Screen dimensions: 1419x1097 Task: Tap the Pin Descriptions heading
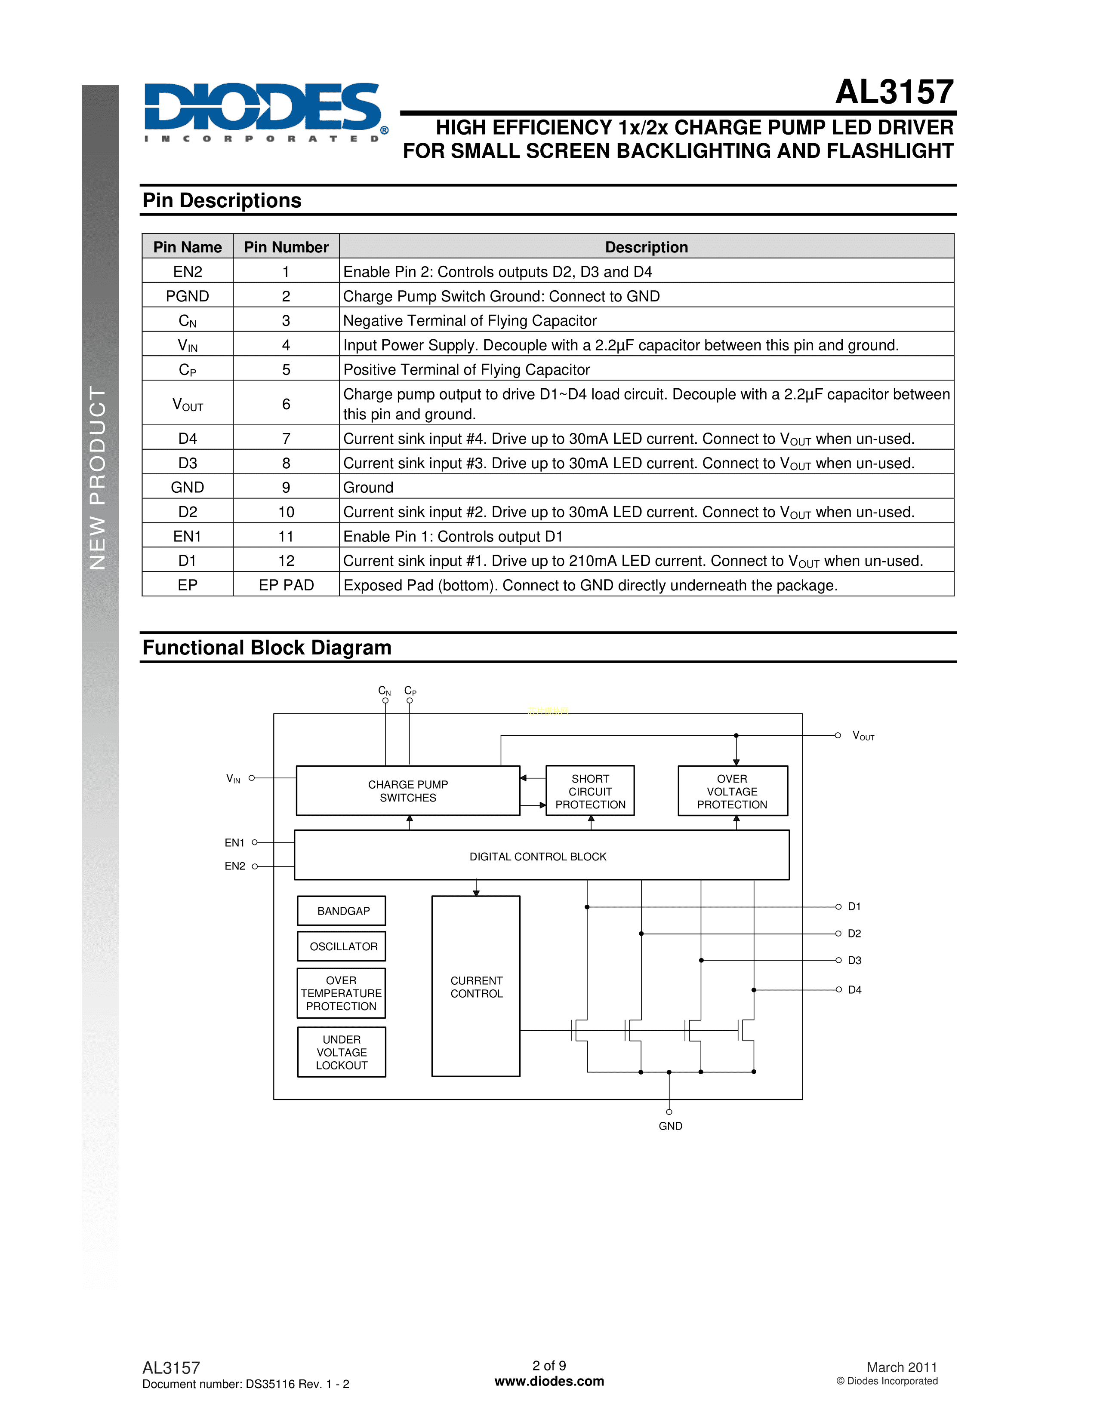point(222,201)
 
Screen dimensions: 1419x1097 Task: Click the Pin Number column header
point(286,247)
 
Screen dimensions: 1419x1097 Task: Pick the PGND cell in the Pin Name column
point(187,296)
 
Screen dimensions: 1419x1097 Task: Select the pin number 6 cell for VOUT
point(286,404)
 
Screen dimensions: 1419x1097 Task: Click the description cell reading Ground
point(369,487)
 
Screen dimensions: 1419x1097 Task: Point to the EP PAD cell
point(286,585)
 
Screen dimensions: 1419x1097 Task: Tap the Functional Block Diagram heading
point(266,648)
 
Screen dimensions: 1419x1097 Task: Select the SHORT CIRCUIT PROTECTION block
point(590,791)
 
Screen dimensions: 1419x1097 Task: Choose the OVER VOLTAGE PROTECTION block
point(733,791)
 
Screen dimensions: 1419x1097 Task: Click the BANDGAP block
point(342,911)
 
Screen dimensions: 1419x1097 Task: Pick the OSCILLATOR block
point(342,947)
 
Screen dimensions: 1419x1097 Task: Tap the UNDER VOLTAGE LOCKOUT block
point(342,1052)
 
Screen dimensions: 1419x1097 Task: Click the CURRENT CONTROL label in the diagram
point(476,987)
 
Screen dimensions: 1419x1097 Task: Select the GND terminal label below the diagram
point(670,1126)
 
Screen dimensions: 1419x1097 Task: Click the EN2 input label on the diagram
point(234,866)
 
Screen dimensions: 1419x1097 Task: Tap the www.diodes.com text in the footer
point(549,1381)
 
